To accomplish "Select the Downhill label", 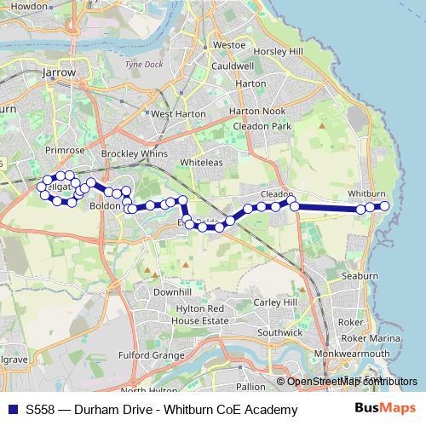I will pyautogui.click(x=172, y=291).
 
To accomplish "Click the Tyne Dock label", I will pyautogui.click(x=142, y=64).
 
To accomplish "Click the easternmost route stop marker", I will pyautogui.click(x=384, y=206).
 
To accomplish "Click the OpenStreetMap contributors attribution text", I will pyautogui.click(x=352, y=382).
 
